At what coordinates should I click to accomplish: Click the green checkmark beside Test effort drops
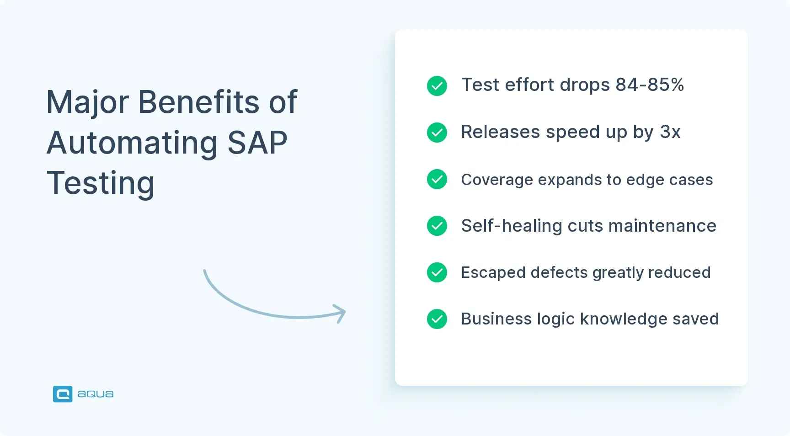click(437, 86)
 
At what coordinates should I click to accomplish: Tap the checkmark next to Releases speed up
click(437, 133)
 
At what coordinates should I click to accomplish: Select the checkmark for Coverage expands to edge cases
click(437, 179)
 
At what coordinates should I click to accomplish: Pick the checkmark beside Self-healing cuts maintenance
click(437, 226)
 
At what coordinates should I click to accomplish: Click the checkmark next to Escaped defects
click(437, 272)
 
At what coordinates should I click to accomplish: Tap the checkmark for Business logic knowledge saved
click(437, 319)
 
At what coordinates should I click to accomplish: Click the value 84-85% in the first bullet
click(649, 85)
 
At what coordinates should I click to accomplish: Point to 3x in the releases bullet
click(670, 132)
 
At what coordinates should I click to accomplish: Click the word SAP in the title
click(257, 143)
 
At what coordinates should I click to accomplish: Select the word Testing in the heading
click(101, 183)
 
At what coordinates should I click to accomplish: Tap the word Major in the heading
click(87, 102)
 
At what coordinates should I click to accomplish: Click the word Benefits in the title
click(199, 102)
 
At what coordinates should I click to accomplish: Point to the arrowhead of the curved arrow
click(342, 313)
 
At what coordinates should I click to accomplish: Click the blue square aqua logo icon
click(63, 394)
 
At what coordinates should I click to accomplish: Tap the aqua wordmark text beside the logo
click(96, 394)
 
